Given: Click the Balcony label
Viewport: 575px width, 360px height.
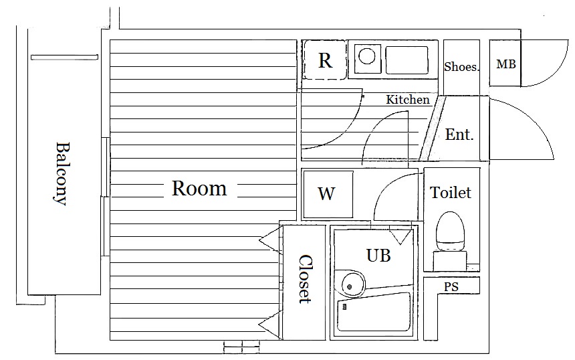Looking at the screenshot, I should [62, 173].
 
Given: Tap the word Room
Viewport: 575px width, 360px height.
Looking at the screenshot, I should [199, 189].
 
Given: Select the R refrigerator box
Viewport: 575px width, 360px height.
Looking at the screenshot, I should [325, 60].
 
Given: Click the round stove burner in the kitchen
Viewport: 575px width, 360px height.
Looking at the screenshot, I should [366, 56].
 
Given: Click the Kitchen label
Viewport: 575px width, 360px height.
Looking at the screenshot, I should [408, 100].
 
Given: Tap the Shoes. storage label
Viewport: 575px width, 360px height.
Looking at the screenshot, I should [462, 67].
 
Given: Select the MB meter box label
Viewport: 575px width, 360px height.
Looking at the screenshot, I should [505, 65].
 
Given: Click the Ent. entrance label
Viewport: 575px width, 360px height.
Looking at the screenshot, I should [459, 134].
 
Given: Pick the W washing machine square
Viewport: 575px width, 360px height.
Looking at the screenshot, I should [326, 194].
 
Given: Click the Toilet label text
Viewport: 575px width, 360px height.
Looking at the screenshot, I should [451, 193].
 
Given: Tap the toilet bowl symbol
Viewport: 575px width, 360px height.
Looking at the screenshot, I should [450, 232].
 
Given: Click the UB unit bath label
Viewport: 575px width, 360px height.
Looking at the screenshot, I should [378, 255].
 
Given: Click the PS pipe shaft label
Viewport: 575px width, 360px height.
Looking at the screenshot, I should [451, 287].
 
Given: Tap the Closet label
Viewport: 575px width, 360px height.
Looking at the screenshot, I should [305, 278].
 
